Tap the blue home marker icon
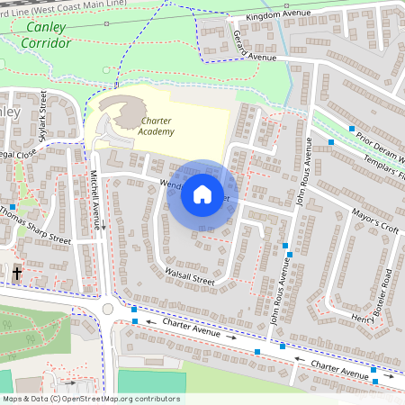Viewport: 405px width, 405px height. click(x=202, y=194)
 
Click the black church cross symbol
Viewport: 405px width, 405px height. click(x=17, y=272)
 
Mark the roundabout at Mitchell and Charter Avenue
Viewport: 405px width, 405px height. click(x=108, y=308)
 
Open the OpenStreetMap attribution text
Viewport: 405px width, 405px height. click(x=90, y=399)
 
